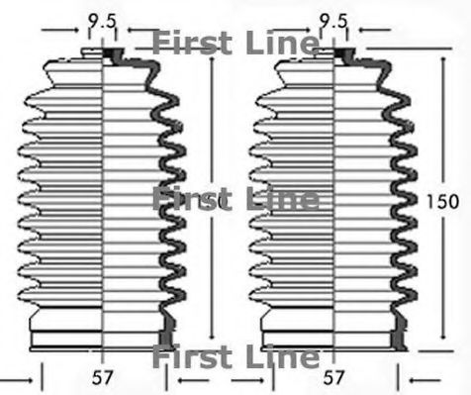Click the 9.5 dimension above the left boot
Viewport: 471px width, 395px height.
pyautogui.click(x=100, y=18)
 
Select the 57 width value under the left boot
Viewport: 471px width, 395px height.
pyautogui.click(x=100, y=377)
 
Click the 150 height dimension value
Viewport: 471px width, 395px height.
pyautogui.click(x=442, y=201)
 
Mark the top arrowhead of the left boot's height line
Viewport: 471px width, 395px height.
pyautogui.click(x=210, y=56)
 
